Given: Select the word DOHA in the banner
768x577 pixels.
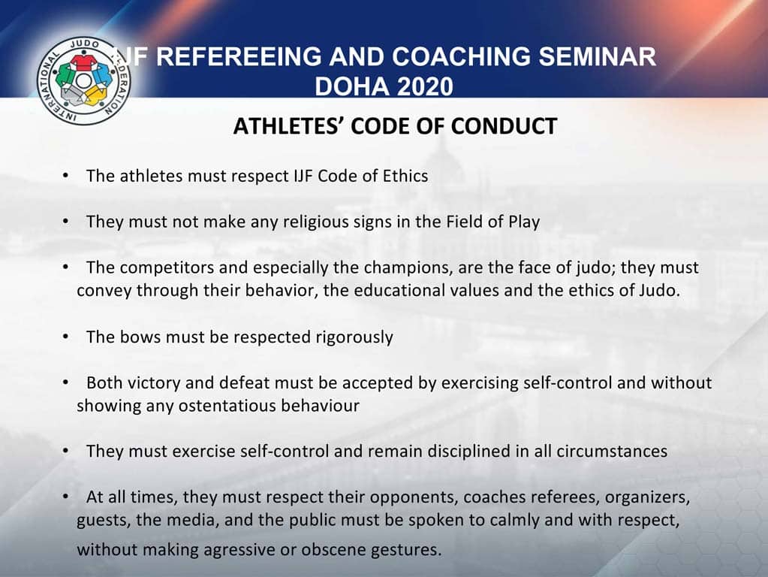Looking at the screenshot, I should click(344, 87).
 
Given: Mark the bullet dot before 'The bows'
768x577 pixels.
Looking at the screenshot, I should click(66, 337).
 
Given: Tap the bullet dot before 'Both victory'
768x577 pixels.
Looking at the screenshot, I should click(66, 382).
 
